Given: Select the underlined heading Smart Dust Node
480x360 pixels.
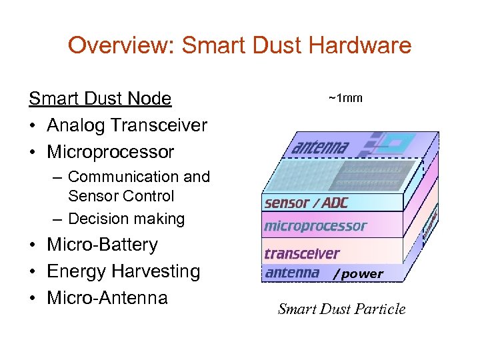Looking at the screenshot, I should pos(100,99).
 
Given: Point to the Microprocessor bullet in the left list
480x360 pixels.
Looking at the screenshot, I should pos(110,152).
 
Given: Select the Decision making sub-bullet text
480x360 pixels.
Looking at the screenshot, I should pos(126,219).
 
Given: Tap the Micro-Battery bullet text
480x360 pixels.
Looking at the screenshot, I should pos(102,245).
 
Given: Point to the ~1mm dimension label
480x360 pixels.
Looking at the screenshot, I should pos(345,98).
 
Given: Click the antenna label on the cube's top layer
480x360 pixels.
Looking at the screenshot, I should pos(319,146).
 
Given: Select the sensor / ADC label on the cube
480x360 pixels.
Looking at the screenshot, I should pos(306,203).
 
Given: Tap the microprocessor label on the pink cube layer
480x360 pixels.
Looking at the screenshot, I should pos(315,226).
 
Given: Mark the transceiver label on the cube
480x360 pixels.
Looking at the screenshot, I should pos(302,253).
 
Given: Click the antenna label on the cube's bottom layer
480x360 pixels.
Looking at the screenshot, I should pos(292,273).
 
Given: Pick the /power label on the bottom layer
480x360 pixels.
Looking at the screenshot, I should pos(359,273).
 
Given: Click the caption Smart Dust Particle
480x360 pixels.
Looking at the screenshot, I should pos(341,309).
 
